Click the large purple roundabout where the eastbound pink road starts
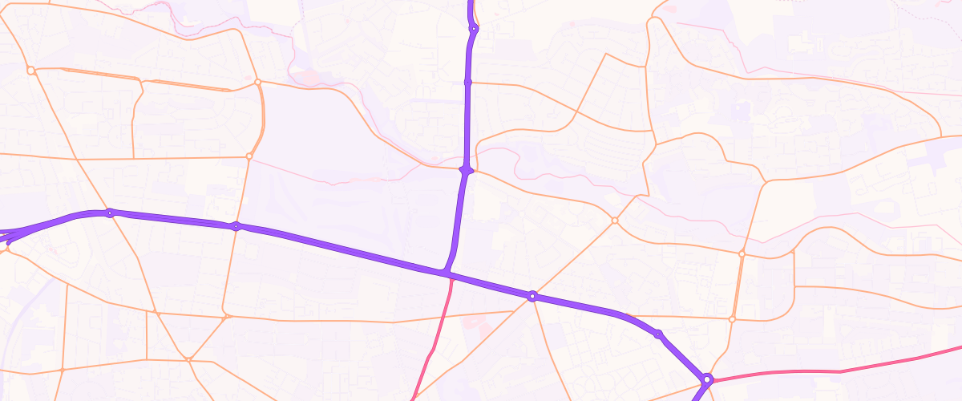(x=707, y=379)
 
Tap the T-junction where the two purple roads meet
(x=446, y=274)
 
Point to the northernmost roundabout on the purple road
(x=474, y=29)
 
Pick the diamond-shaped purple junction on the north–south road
(x=467, y=170)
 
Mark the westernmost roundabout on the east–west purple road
(x=110, y=213)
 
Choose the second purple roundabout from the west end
(x=236, y=226)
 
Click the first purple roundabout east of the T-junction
(x=532, y=296)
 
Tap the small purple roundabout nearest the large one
(x=658, y=334)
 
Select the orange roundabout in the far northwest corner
(x=30, y=71)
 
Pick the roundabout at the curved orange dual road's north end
(x=257, y=82)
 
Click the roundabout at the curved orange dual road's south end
(x=249, y=156)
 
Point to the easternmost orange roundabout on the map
(x=742, y=253)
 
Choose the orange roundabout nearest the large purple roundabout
(x=732, y=319)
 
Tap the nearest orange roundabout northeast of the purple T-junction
(x=615, y=220)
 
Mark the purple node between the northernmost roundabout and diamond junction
(x=468, y=82)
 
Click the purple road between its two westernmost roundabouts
(x=172, y=219)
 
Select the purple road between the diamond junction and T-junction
(x=458, y=221)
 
